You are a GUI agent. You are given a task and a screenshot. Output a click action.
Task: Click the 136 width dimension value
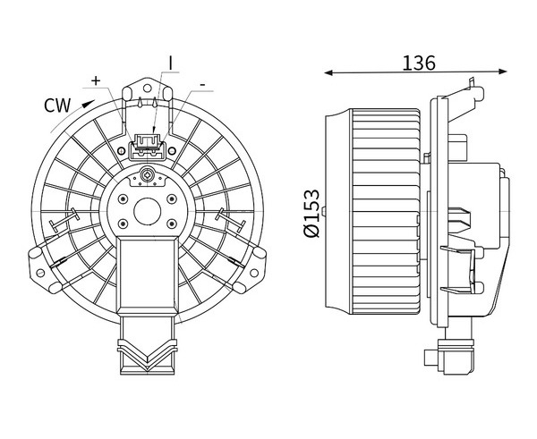(x=419, y=63)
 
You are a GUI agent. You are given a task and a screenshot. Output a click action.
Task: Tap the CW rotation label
(x=57, y=106)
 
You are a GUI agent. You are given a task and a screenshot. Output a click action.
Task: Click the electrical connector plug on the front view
(x=148, y=146)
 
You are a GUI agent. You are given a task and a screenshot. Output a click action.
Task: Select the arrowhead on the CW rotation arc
(x=86, y=103)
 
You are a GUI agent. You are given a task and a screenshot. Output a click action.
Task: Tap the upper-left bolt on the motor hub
(x=121, y=198)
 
